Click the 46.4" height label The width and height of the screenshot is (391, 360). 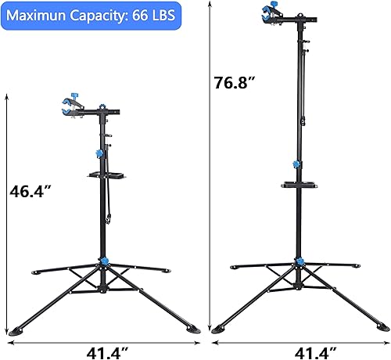tap(31, 190)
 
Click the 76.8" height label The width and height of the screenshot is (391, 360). tap(236, 81)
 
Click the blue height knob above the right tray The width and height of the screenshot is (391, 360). tap(296, 164)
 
